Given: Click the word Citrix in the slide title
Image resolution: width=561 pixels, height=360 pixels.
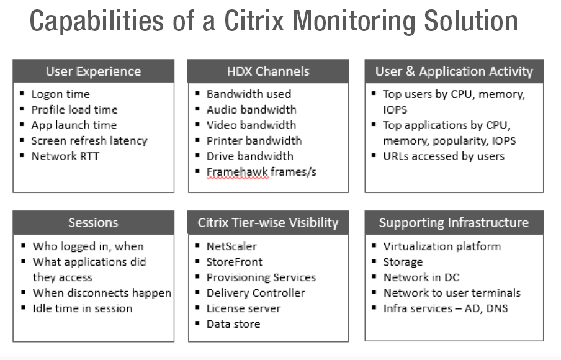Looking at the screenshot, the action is point(254,20).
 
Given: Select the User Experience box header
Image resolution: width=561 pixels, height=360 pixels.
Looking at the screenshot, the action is point(93,71).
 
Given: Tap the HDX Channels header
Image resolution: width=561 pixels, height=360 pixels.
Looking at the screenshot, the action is point(268,71).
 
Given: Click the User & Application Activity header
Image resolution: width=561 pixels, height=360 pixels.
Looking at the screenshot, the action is point(454,71).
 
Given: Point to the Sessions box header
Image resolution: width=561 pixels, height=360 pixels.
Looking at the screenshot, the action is point(93,223).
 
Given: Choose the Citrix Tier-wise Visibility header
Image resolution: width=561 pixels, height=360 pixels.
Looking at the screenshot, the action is point(268,223).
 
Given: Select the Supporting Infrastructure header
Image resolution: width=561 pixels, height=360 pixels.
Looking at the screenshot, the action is point(454,223).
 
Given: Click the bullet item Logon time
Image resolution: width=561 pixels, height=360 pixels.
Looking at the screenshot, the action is point(60,94).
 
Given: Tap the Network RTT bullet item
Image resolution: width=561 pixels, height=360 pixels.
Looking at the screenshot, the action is point(65,156).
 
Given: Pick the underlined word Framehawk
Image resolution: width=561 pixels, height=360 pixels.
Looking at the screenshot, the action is point(237,172).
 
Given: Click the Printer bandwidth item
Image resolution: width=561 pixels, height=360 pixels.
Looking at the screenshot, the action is point(254,141).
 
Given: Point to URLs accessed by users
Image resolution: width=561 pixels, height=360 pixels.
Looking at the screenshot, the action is point(444,156).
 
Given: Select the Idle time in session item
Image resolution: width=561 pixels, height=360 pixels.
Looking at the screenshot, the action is point(83,308).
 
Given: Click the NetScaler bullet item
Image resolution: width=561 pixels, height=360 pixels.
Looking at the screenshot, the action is point(232,246).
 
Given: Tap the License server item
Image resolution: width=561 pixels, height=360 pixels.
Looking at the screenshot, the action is point(244,308).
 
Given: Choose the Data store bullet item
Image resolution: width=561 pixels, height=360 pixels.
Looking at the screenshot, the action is point(233,324).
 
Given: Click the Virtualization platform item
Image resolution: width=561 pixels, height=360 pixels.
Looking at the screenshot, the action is point(442,246).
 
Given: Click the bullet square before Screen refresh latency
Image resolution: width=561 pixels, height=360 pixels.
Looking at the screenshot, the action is point(22,140).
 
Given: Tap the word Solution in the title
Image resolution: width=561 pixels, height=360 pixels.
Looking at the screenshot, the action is point(471,20).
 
